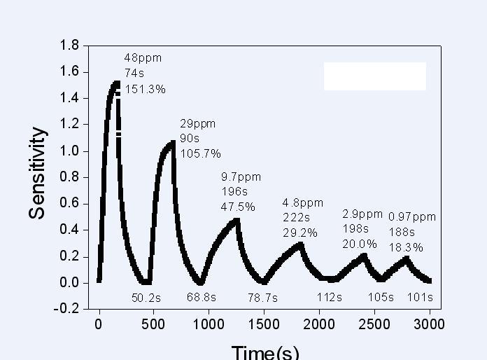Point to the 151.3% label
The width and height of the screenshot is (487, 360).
[x=146, y=88]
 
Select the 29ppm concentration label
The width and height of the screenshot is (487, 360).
[x=198, y=123]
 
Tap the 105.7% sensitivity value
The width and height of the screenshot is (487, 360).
[x=201, y=153]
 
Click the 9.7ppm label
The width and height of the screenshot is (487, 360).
[x=240, y=176]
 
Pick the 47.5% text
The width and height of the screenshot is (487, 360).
[x=238, y=207]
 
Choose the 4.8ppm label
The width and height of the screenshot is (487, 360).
[x=303, y=202]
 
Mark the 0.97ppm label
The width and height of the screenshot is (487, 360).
[x=412, y=217]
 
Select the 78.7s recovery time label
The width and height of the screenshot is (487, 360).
[x=263, y=298]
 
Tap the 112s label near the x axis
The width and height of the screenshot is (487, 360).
[x=329, y=298]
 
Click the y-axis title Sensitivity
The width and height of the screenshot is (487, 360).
[x=38, y=174]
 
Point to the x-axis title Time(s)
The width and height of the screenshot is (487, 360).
[x=265, y=352]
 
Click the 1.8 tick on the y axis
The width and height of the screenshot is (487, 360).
[x=69, y=46]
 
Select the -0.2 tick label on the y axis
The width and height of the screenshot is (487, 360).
[x=67, y=309]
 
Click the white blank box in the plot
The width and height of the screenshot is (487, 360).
[x=375, y=76]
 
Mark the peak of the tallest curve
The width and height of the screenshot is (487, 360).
[x=117, y=83]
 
